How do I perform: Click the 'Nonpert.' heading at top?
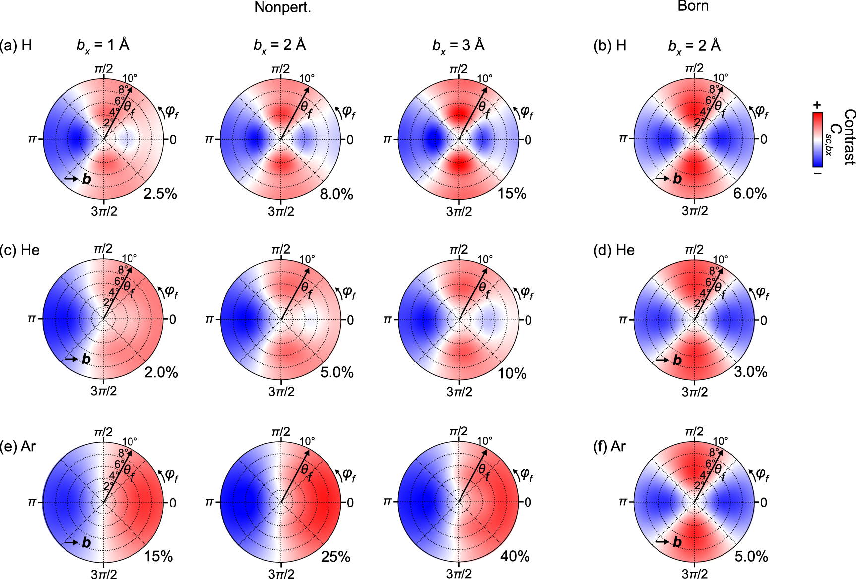tap(282, 7)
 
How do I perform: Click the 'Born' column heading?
tap(693, 6)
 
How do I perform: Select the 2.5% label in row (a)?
tap(160, 194)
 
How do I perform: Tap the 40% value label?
tap(515, 556)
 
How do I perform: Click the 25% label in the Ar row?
tap(335, 557)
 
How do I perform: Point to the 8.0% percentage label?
tap(336, 194)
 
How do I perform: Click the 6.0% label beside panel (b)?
tap(750, 194)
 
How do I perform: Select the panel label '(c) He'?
tap(20, 250)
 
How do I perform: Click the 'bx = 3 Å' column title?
tap(458, 45)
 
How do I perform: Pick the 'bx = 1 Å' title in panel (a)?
tap(103, 45)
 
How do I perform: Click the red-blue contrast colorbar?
tap(817, 140)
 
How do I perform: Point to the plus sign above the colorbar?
tap(817, 105)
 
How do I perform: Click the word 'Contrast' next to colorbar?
tap(849, 137)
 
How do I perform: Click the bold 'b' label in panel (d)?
tap(677, 360)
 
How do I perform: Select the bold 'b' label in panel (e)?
tap(86, 542)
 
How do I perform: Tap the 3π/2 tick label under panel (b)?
tap(694, 211)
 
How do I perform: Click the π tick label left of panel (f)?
tap(623, 502)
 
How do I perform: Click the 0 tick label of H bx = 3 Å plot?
tap(527, 140)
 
